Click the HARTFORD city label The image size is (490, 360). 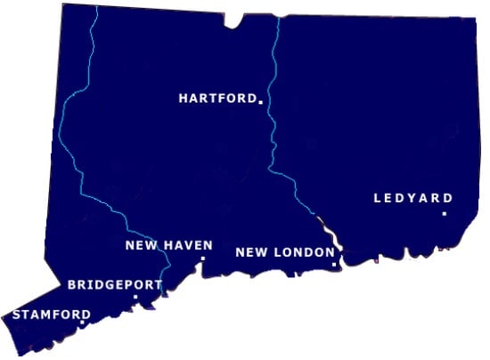click(x=217, y=98)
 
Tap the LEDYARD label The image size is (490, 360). click(x=413, y=198)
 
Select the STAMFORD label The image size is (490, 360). click(x=51, y=315)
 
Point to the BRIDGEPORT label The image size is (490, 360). click(x=115, y=285)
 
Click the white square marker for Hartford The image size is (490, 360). click(x=261, y=102)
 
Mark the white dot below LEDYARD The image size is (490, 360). click(x=444, y=214)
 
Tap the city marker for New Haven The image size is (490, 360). click(x=203, y=258)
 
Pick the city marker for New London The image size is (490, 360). click(x=334, y=265)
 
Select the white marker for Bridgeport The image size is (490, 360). click(x=135, y=297)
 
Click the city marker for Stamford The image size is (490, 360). click(x=82, y=323)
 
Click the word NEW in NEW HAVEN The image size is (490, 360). click(x=139, y=245)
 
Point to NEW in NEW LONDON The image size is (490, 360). click(x=249, y=252)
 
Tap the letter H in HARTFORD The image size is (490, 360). click(x=184, y=98)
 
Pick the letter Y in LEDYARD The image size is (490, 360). click(x=412, y=198)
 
